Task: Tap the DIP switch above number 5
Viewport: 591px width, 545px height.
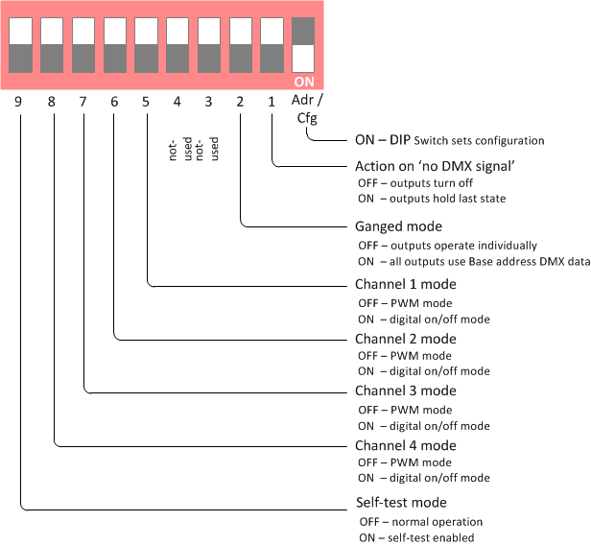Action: (x=147, y=44)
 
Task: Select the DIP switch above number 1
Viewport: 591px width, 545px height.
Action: (x=272, y=44)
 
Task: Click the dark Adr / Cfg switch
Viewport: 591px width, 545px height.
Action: (x=304, y=44)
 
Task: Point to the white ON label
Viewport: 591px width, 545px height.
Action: (x=304, y=82)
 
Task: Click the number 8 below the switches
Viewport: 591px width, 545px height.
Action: (x=52, y=101)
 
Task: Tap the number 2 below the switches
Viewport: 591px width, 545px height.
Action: (x=240, y=101)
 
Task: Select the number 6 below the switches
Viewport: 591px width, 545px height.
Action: (x=114, y=101)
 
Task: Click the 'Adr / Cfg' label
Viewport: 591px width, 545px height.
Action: (x=307, y=109)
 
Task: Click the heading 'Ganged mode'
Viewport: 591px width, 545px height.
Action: (x=398, y=227)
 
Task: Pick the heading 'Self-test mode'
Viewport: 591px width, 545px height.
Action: (x=401, y=502)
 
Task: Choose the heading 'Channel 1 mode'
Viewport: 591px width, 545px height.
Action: (x=406, y=285)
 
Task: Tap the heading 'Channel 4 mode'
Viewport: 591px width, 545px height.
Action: (x=406, y=446)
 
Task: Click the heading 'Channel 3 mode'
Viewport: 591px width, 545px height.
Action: (x=406, y=391)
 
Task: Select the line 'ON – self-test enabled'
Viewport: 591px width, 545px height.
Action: (x=416, y=537)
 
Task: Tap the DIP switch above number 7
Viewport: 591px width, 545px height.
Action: (x=83, y=44)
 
